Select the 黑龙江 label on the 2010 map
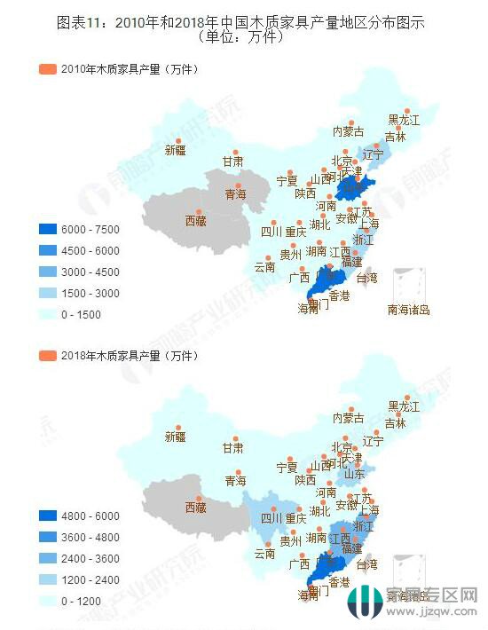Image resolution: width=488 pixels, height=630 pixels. (x=404, y=120)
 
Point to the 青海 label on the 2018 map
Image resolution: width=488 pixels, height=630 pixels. (x=235, y=480)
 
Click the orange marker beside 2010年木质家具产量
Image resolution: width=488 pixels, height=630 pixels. (x=47, y=69)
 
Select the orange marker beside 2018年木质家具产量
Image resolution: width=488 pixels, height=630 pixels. (x=47, y=356)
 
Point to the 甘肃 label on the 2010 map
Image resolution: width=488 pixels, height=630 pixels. (x=232, y=162)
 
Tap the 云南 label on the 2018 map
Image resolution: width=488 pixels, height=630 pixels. (x=264, y=553)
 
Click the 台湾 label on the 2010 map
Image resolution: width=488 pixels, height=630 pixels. (x=366, y=278)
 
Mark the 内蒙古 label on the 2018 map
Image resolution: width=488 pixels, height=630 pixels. (x=348, y=417)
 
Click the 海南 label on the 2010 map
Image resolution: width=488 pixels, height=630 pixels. (x=307, y=309)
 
